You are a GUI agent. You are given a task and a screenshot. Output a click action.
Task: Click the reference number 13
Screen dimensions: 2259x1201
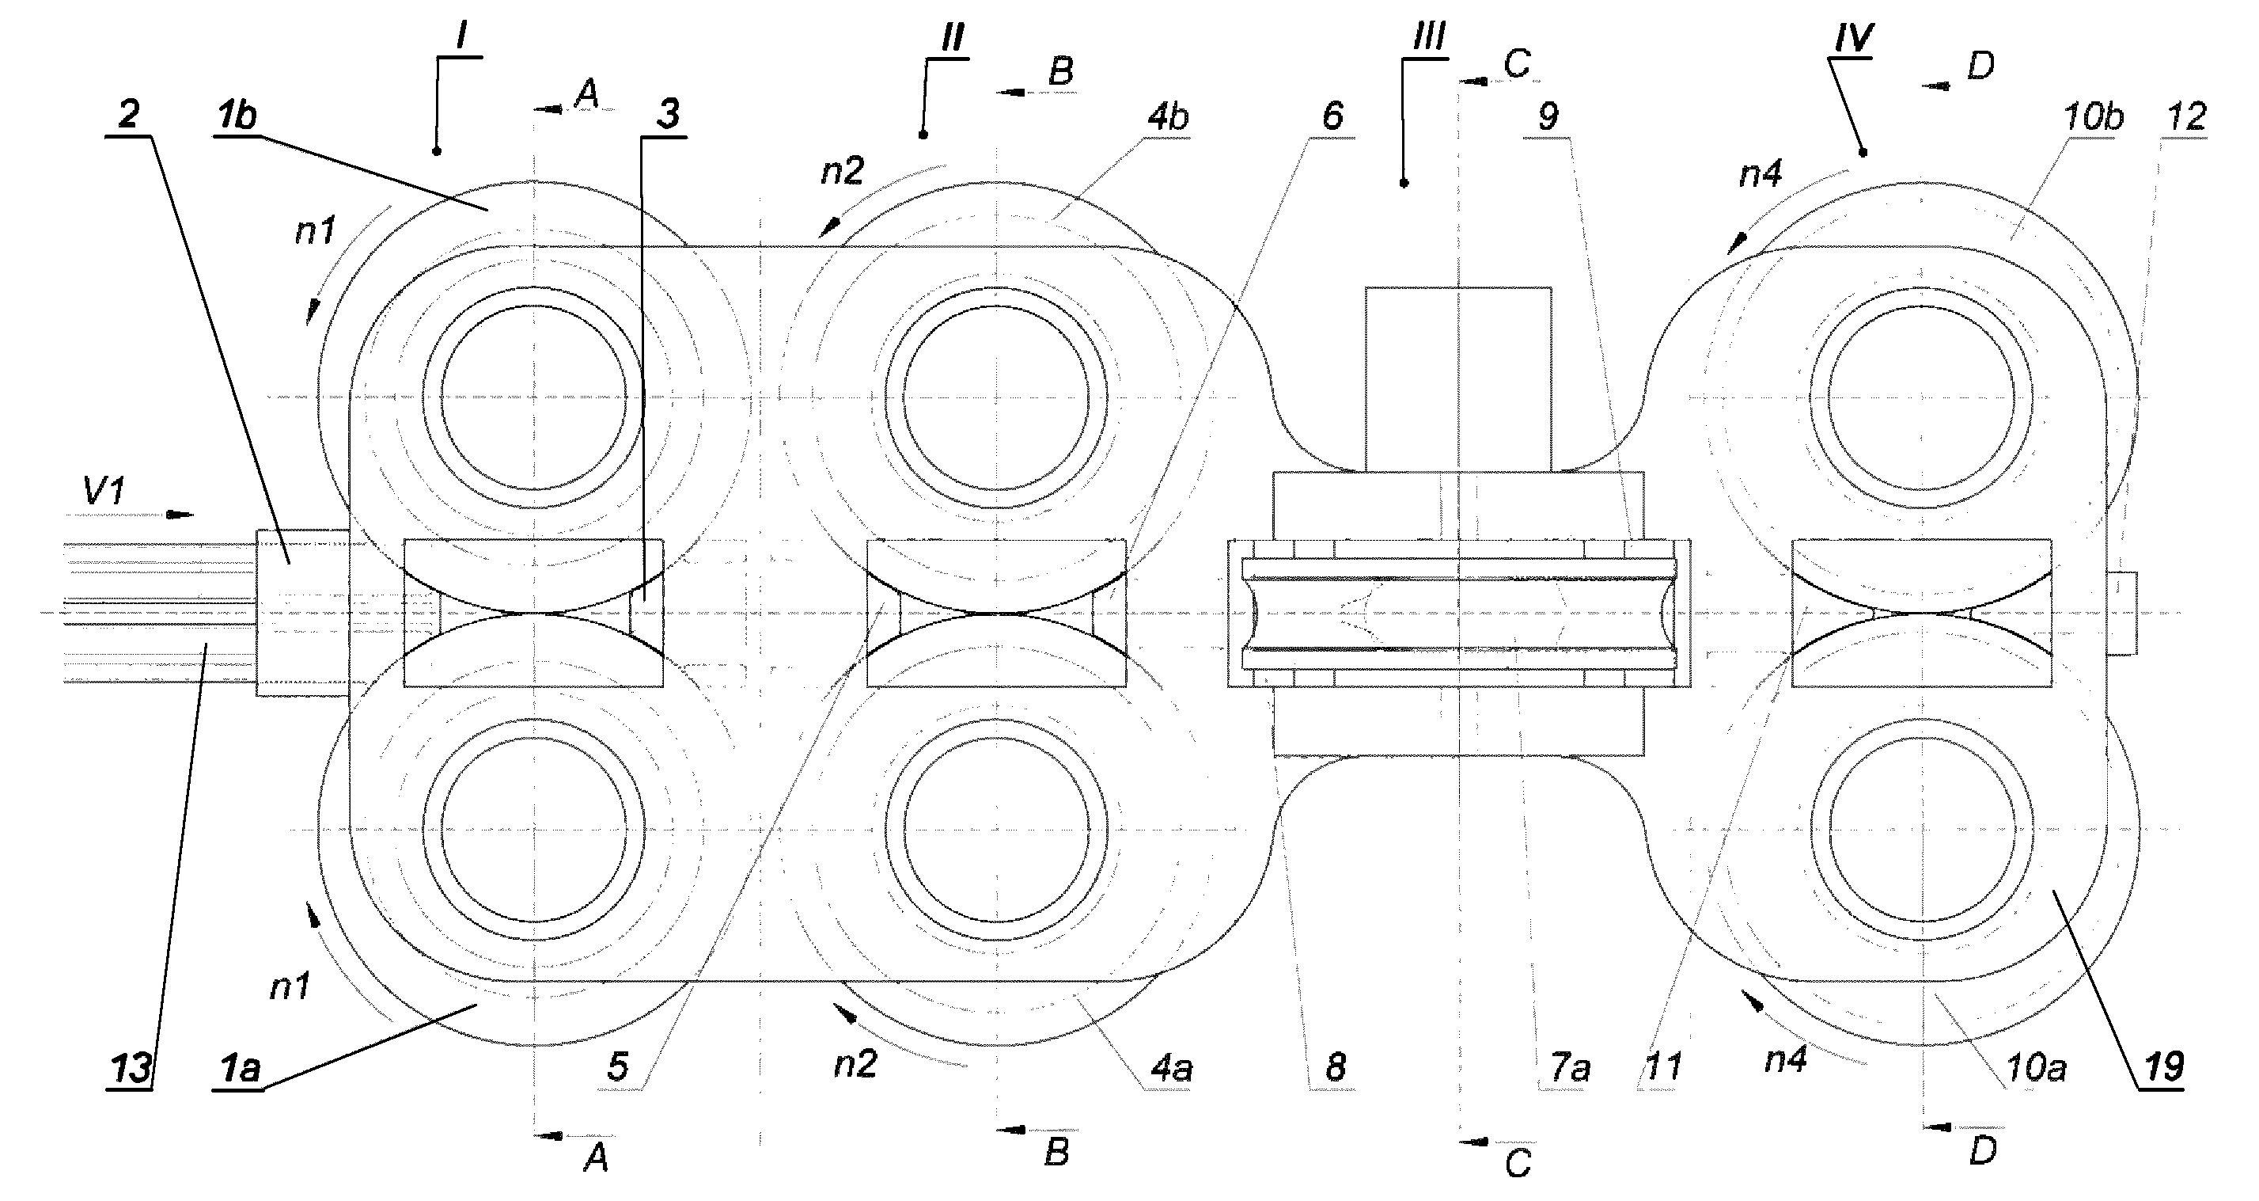point(131,1069)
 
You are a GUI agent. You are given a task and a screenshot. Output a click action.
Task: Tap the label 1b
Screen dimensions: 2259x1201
point(236,115)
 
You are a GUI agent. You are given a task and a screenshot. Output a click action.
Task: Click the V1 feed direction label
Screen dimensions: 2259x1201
point(104,492)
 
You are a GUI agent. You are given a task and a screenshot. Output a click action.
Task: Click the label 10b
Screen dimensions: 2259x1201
point(2094,116)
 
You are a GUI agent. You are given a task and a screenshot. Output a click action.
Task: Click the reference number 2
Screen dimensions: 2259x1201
point(129,114)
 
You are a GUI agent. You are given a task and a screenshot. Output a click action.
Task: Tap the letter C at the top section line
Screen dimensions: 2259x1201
point(1516,63)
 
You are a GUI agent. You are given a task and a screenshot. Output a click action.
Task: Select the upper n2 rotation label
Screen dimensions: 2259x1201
point(843,170)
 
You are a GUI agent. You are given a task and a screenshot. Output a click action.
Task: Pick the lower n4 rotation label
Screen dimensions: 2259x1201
point(1787,1061)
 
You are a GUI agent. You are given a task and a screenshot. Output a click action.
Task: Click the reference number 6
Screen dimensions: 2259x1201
point(1332,116)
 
